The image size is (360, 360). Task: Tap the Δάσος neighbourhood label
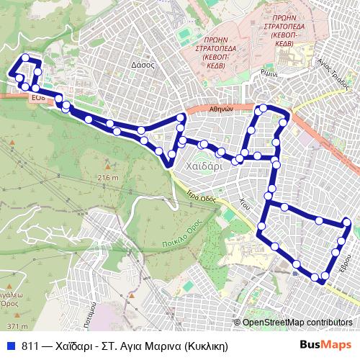(144, 64)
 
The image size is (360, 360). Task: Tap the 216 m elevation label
(107, 177)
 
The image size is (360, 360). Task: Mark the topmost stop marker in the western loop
(26, 58)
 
